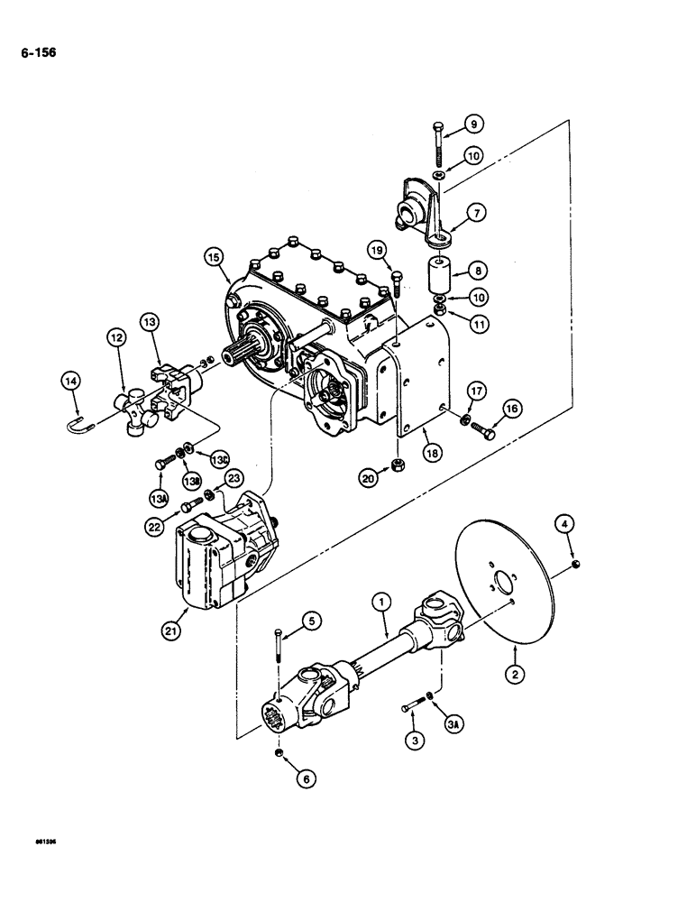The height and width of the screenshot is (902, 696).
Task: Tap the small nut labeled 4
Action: (x=577, y=565)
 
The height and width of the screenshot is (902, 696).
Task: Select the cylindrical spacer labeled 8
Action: (x=441, y=271)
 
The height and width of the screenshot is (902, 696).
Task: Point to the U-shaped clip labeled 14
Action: (x=78, y=422)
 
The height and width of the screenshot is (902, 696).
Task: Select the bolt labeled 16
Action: (x=485, y=433)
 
